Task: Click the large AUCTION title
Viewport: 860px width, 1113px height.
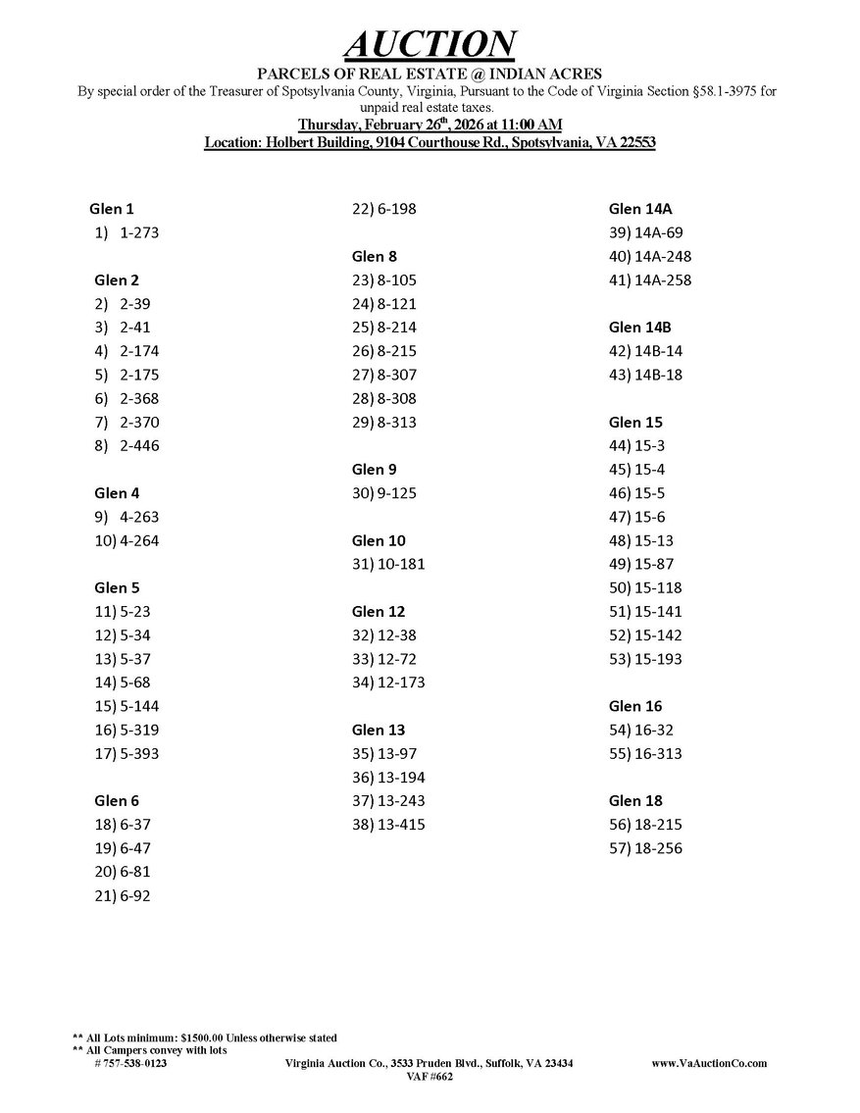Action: coord(430,44)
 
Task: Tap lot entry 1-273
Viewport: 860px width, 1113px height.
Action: coord(139,233)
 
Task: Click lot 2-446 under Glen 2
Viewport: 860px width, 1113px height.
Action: coord(139,446)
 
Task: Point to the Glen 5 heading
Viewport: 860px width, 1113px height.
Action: coord(117,588)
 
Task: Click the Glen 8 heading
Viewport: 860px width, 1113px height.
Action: coord(374,257)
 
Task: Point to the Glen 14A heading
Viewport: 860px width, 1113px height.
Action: coord(640,209)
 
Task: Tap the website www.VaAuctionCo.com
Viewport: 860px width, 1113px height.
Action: coord(709,1064)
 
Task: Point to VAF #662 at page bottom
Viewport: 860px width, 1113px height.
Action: coord(430,1077)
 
